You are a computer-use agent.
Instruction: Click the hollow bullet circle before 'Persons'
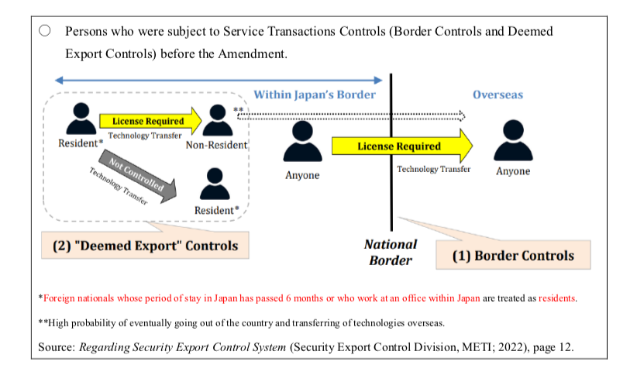click(44, 31)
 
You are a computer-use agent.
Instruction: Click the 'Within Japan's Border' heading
click(315, 95)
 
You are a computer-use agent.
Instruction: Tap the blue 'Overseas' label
click(498, 95)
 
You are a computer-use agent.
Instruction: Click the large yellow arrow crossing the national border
click(401, 146)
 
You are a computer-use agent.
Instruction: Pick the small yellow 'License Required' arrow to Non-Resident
click(150, 121)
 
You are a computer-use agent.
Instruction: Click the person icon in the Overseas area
click(513, 140)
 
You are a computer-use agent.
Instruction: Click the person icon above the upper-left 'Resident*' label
click(78, 119)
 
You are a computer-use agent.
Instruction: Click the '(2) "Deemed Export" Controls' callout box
click(145, 246)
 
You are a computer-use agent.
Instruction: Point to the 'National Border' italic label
click(391, 252)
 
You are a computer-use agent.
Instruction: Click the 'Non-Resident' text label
click(216, 145)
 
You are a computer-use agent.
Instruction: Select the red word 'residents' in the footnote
click(556, 298)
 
